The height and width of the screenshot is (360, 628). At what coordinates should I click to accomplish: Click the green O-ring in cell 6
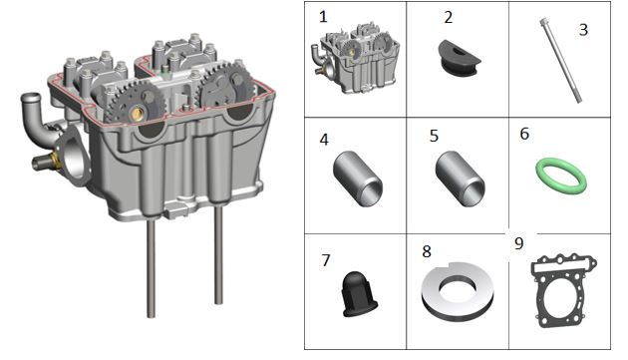click(541, 168)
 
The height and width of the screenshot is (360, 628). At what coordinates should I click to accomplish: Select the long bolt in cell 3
click(561, 60)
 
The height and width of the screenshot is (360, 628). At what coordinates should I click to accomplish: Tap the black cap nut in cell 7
click(359, 294)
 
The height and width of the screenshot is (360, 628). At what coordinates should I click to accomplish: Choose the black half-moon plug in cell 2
click(459, 57)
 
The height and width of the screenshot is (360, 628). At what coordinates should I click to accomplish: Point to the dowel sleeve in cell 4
click(357, 179)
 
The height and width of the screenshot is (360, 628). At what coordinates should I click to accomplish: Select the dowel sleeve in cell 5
click(460, 179)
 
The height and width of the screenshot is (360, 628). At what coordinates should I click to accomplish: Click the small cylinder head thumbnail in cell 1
click(355, 58)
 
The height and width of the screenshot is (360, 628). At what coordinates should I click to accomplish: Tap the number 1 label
click(323, 17)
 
